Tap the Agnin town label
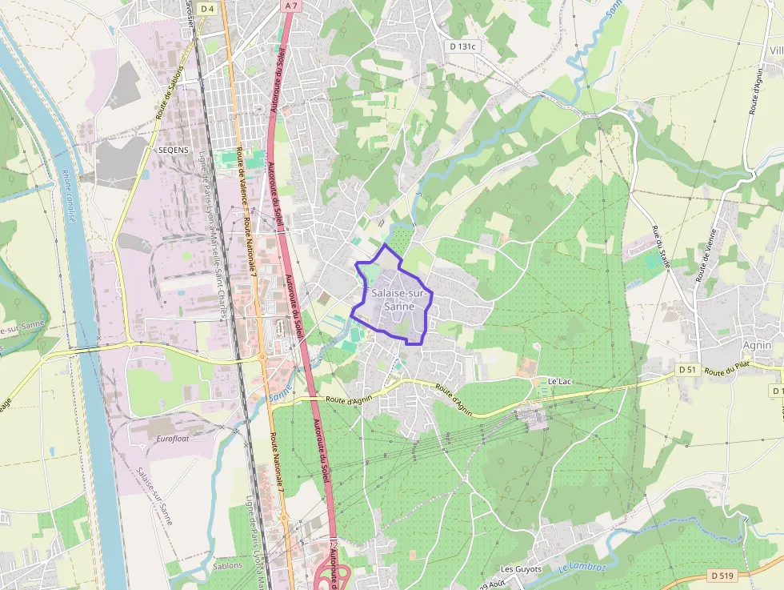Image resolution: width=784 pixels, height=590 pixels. (757, 345)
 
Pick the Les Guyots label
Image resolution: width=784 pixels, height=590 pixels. (521, 569)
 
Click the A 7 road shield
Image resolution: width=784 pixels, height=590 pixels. (291, 6)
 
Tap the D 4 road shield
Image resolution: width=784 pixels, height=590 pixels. (208, 8)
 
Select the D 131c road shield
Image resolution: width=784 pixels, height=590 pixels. (462, 46)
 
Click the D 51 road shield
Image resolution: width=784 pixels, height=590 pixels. (687, 369)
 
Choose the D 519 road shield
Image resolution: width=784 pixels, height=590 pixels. (722, 575)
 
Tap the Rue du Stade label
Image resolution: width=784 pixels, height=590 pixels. (661, 247)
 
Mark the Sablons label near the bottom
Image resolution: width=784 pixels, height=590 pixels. (228, 565)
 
